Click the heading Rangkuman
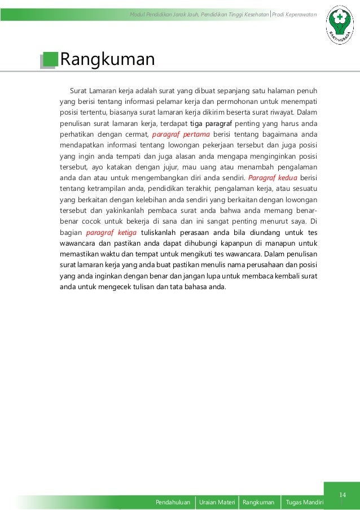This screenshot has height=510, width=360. click(x=107, y=59)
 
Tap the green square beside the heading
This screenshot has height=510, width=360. click(x=50, y=59)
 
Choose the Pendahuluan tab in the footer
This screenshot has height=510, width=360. click(x=174, y=502)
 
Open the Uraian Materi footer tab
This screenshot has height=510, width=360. click(x=217, y=502)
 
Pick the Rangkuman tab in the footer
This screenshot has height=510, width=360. click(x=258, y=502)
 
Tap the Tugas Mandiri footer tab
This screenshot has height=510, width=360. click(x=305, y=502)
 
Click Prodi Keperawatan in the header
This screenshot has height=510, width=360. click(x=294, y=14)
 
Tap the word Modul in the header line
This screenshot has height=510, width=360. click(x=137, y=14)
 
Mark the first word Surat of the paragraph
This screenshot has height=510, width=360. click(x=78, y=91)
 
